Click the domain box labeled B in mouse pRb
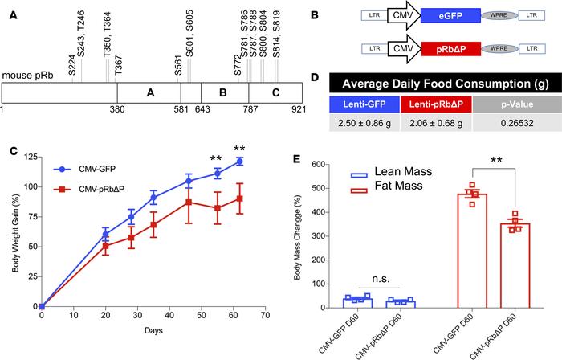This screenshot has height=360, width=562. click(x=223, y=92)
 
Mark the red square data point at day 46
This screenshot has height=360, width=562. click(x=189, y=202)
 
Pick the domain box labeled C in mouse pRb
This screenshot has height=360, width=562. click(x=275, y=92)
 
